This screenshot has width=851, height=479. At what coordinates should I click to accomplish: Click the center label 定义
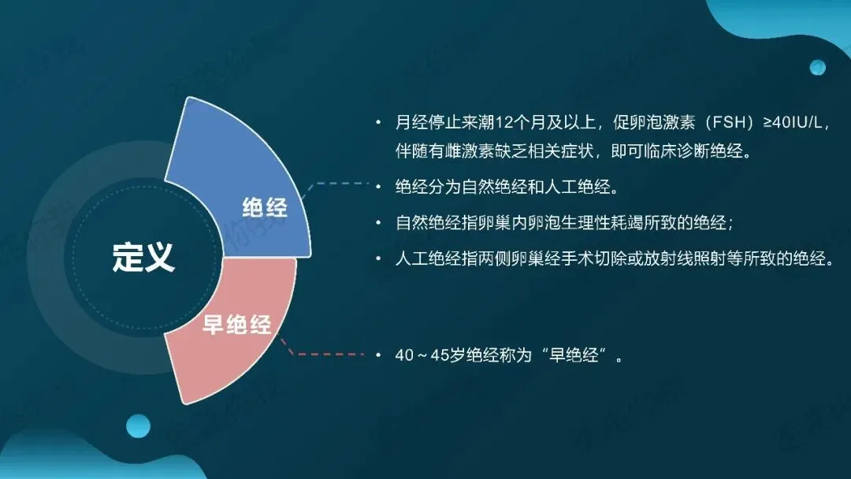pyautogui.click(x=143, y=257)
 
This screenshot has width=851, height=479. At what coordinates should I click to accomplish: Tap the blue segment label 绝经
pyautogui.click(x=265, y=208)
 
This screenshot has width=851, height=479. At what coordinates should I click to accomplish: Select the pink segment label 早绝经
pyautogui.click(x=236, y=325)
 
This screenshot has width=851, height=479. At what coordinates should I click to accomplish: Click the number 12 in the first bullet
pyautogui.click(x=504, y=122)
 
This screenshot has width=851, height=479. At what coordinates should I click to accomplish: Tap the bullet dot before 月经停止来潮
pyautogui.click(x=378, y=123)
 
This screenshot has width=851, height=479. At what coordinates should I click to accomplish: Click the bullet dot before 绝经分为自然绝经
pyautogui.click(x=378, y=188)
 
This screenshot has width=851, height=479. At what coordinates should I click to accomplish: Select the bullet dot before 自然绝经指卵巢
pyautogui.click(x=378, y=223)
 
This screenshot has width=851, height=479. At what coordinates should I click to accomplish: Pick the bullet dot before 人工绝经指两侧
pyautogui.click(x=378, y=258)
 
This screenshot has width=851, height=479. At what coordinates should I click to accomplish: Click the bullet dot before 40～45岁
pyautogui.click(x=378, y=355)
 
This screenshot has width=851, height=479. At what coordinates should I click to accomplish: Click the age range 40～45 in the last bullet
pyautogui.click(x=422, y=355)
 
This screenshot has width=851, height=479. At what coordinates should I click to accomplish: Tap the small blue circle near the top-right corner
pyautogui.click(x=817, y=68)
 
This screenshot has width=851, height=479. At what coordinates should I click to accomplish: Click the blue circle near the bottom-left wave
pyautogui.click(x=139, y=426)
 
